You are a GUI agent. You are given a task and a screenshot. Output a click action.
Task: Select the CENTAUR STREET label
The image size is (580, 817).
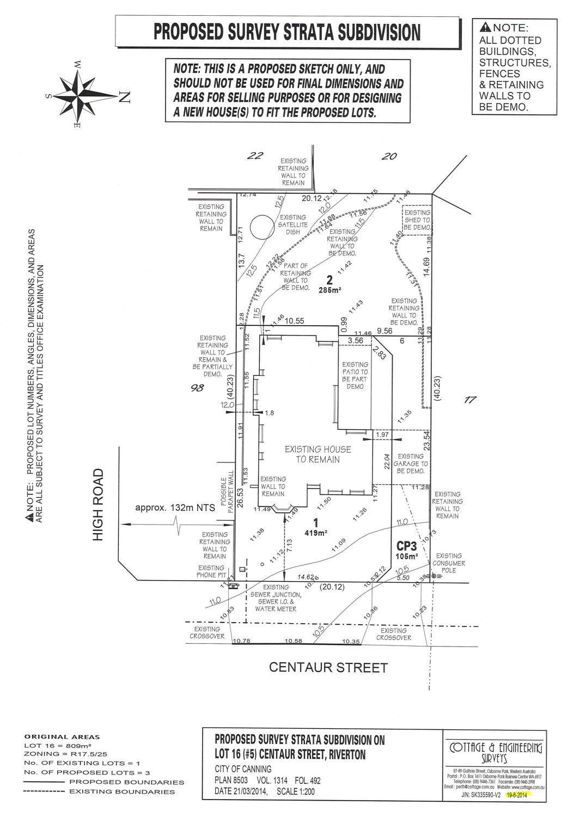tap(328, 668)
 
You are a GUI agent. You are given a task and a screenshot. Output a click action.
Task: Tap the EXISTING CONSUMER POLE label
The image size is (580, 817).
tap(449, 559)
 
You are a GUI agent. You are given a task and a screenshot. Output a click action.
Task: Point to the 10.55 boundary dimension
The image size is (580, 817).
tap(294, 322)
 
